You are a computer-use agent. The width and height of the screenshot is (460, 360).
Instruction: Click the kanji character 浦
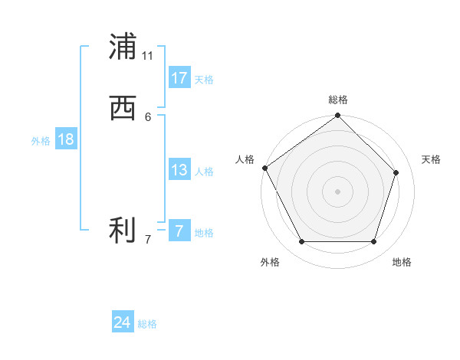(123, 47)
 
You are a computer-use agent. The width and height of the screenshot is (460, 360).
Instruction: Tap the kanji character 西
(123, 109)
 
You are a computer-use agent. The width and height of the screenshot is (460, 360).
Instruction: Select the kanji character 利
(123, 231)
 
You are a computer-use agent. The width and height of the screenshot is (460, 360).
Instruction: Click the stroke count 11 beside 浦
(148, 56)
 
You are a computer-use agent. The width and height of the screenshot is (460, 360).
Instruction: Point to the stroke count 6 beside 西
(148, 116)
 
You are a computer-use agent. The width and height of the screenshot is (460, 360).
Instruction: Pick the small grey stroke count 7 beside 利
(148, 240)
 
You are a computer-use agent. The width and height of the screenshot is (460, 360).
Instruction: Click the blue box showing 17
(179, 78)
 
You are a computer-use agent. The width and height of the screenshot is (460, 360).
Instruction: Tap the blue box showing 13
(179, 170)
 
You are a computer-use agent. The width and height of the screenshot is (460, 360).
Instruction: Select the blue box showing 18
(65, 139)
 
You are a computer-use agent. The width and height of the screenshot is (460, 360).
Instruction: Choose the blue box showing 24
(123, 322)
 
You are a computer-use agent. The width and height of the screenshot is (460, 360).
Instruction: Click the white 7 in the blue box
(179, 231)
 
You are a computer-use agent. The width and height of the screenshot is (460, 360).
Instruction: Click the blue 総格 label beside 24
(147, 324)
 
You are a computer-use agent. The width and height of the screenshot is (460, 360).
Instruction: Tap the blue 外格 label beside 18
(41, 141)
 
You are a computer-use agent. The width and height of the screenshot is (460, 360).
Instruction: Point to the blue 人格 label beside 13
(204, 172)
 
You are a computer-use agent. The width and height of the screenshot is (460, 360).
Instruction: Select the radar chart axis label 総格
(338, 100)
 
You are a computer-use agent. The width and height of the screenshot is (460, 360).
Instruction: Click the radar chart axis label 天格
(432, 159)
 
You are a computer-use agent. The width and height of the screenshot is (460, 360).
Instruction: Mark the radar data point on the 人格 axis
(264, 168)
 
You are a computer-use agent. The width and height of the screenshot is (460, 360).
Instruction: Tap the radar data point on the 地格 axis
(374, 242)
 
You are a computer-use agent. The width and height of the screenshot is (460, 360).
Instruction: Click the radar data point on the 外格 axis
(301, 242)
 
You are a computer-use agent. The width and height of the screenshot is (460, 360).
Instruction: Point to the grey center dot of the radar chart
(338, 191)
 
